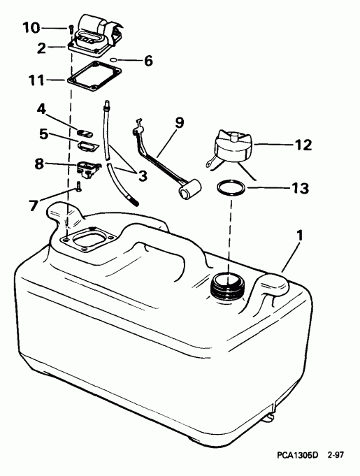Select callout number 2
click(41, 48)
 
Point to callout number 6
click(147, 61)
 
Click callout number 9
click(180, 123)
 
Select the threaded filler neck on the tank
click(227, 283)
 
